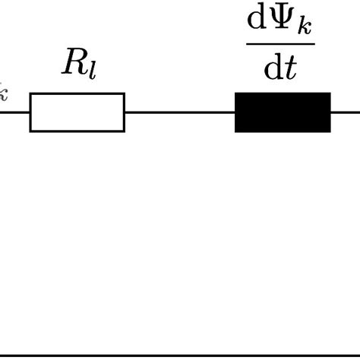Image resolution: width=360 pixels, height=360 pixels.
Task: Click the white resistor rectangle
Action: point(77,112)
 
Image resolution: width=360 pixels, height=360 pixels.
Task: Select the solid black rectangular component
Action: point(283,112)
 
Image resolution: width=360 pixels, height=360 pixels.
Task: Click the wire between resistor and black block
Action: point(179,112)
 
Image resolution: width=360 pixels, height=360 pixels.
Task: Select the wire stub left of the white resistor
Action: point(14,112)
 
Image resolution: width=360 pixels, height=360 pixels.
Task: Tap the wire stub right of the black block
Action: point(346,112)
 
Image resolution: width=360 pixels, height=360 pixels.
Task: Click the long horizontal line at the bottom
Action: point(180,354)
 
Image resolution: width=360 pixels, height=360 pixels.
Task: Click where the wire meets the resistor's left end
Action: point(30,112)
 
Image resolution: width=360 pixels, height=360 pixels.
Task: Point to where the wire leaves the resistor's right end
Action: point(125,112)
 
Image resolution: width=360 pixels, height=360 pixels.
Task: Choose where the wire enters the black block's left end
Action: point(235,112)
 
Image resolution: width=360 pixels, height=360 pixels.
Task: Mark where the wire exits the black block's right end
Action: point(331,112)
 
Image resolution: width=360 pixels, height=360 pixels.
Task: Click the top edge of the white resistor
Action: point(77,93)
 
